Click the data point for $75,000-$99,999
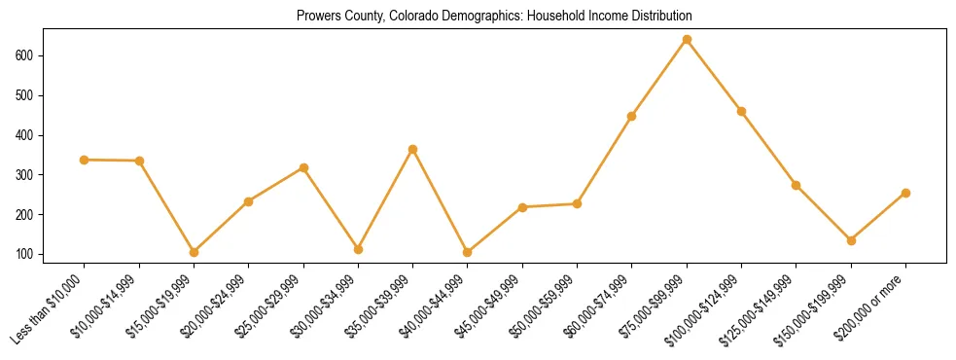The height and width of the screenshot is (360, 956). tap(687, 40)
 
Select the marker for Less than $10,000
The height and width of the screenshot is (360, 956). tap(85, 160)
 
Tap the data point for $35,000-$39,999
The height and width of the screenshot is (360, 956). tap(413, 149)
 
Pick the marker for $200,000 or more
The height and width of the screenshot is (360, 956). tap(905, 193)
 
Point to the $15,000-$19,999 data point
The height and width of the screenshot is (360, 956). tap(194, 252)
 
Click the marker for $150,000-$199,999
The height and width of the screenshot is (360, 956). tap(851, 240)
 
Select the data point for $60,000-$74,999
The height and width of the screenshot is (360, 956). tap(632, 116)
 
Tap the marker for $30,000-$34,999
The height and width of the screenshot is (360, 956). tap(358, 249)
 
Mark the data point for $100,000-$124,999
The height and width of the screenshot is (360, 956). tap(741, 111)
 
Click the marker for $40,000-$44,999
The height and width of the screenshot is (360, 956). tap(468, 252)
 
